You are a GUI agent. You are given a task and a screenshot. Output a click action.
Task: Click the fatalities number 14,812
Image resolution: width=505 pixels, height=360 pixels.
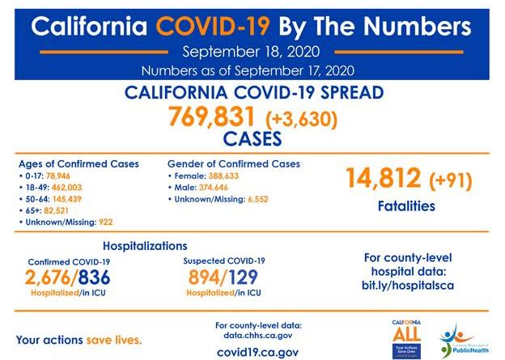pos(384,178)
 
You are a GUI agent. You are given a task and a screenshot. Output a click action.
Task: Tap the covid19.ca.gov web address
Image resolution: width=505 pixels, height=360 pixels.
pos(258,352)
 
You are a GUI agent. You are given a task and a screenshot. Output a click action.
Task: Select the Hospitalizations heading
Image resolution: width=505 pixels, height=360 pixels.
pos(145,245)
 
